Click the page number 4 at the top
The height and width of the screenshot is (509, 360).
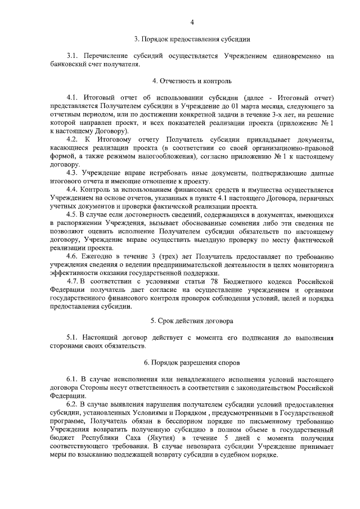pyautogui.click(x=192, y=22)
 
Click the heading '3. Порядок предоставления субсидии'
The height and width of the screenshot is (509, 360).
pyautogui.click(x=192, y=39)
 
